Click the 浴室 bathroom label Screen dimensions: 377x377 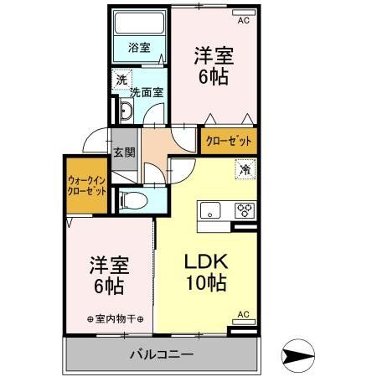tap(139, 49)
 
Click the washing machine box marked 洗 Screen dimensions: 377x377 tap(121, 80)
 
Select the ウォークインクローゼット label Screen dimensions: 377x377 tap(86, 185)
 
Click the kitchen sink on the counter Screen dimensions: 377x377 tap(209, 210)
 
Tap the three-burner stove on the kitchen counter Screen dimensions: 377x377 tap(244, 210)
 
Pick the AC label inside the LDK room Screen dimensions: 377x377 tap(243, 314)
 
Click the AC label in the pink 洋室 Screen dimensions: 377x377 tap(244, 21)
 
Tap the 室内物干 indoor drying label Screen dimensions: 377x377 tap(116, 319)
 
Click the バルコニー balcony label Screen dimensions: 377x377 tap(161, 354)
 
